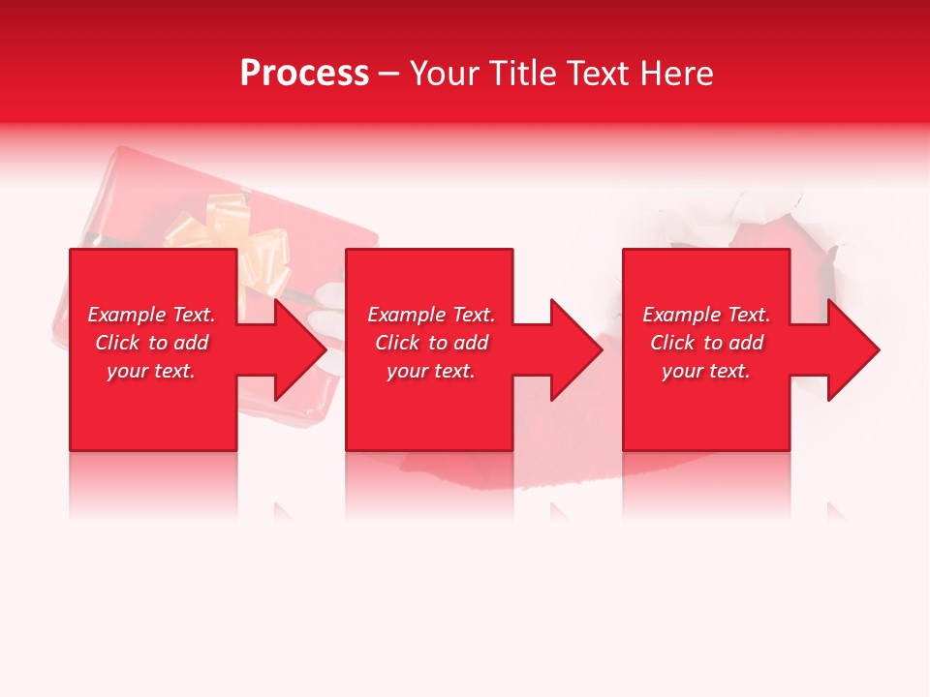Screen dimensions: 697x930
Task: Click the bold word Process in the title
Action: [x=304, y=74]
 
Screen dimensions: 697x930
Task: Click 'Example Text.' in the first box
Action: [x=151, y=315]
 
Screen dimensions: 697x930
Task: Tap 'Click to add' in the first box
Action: [x=151, y=343]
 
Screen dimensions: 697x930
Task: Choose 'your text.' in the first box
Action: [x=151, y=371]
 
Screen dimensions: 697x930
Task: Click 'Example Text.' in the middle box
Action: [x=431, y=315]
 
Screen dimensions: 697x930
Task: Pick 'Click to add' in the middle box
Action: [x=431, y=343]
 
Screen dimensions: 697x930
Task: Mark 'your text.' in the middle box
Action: [x=431, y=371]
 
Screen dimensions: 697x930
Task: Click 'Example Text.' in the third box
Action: [x=706, y=315]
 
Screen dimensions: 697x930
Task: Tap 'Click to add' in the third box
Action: [x=706, y=343]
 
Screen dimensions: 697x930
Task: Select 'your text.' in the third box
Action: [x=706, y=371]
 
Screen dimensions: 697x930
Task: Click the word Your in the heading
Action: [x=447, y=74]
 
